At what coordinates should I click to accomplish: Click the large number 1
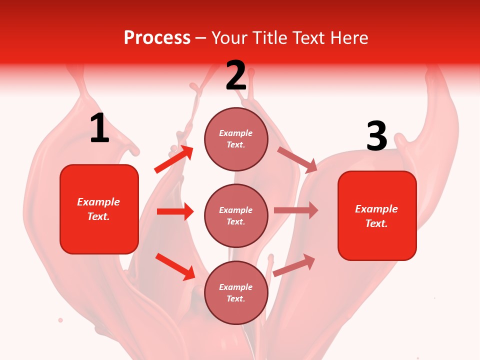click(99, 128)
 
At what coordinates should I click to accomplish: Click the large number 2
click(236, 75)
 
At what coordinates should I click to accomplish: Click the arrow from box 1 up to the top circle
click(174, 159)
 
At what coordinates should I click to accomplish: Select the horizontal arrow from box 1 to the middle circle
click(175, 211)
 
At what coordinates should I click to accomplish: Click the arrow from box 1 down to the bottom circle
click(175, 266)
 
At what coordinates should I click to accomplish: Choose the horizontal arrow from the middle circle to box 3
click(295, 210)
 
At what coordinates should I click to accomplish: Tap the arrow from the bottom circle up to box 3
click(294, 265)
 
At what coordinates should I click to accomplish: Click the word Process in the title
click(157, 38)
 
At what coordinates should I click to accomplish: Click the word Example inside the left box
click(98, 202)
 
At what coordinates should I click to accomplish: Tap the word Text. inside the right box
click(376, 223)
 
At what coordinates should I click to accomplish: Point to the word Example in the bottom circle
click(236, 287)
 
